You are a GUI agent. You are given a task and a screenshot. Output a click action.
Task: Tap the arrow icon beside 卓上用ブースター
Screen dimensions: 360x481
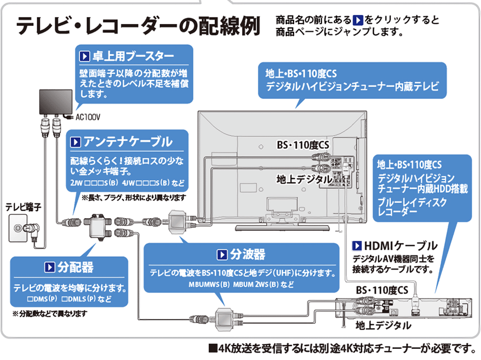pyautogui.click(x=84, y=56)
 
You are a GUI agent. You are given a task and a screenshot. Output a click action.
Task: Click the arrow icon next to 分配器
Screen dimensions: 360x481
pyautogui.click(x=49, y=267)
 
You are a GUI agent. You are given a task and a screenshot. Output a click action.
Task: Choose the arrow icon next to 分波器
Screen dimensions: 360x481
pyautogui.click(x=221, y=255)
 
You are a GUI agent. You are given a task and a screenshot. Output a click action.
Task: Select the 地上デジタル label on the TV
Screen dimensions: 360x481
pyautogui.click(x=304, y=179)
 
